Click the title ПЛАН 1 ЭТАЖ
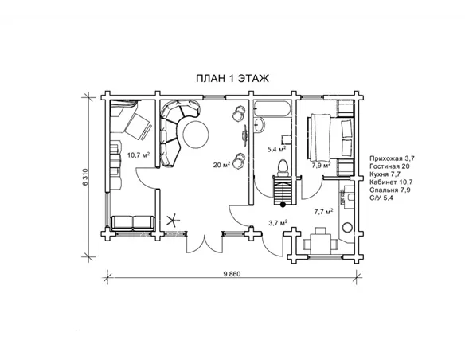(x=232, y=78)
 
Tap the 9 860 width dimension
(x=232, y=274)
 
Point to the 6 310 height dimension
(x=86, y=177)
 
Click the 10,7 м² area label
(x=139, y=155)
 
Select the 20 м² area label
(x=222, y=165)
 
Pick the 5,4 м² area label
(x=276, y=149)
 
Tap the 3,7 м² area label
(x=278, y=222)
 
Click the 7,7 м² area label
(x=323, y=211)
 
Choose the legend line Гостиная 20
(x=389, y=166)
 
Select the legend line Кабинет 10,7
(x=391, y=182)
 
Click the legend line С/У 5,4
(x=381, y=198)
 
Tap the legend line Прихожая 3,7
(x=392, y=158)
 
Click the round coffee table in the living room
(x=196, y=135)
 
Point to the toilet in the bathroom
(x=283, y=167)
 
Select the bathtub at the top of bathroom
(x=272, y=108)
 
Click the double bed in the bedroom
(x=331, y=137)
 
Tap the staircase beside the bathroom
(x=283, y=190)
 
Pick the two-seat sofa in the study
(x=133, y=223)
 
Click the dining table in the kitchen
(x=320, y=244)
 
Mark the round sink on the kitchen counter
(x=347, y=228)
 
